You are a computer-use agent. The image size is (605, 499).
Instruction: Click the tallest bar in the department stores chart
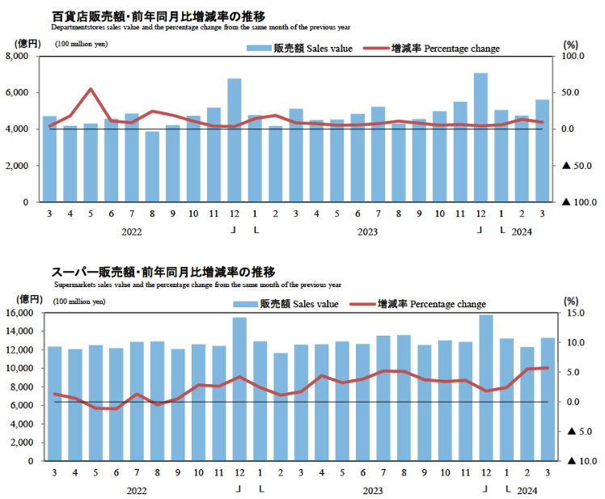[480, 137]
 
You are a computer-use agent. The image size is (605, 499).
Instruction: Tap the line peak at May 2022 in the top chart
[91, 89]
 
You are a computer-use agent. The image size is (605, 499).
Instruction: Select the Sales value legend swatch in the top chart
[259, 49]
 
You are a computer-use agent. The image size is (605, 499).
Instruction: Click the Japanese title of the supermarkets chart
[163, 272]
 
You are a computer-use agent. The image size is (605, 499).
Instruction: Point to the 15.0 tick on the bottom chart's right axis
[570, 313]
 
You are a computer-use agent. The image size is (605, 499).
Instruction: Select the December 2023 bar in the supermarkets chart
[486, 388]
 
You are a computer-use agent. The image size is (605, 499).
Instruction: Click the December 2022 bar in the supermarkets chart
[239, 389]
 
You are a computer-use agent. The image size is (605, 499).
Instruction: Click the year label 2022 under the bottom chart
[137, 491]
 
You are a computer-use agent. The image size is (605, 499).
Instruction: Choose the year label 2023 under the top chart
[367, 231]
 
